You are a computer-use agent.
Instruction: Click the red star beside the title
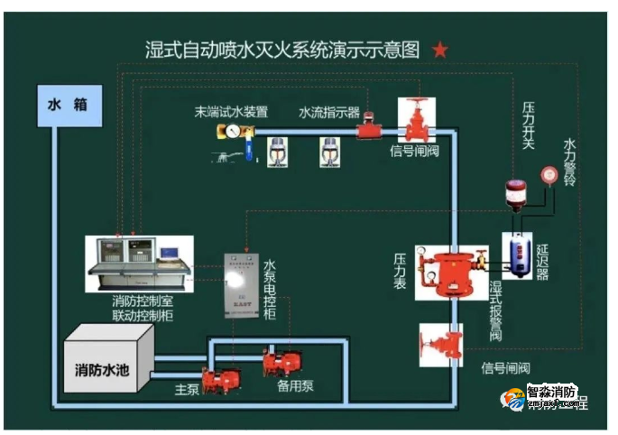pyautogui.click(x=439, y=50)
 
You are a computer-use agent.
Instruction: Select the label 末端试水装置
pyautogui.click(x=232, y=113)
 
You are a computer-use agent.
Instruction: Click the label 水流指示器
pyautogui.click(x=329, y=113)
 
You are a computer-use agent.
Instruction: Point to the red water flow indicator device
pyautogui.click(x=368, y=129)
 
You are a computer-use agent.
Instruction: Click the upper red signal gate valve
pyautogui.click(x=416, y=121)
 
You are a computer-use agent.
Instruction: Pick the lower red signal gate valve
pyautogui.click(x=440, y=345)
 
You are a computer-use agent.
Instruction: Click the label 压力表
pyautogui.click(x=400, y=272)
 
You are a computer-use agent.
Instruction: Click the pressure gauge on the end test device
pyautogui.click(x=232, y=132)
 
